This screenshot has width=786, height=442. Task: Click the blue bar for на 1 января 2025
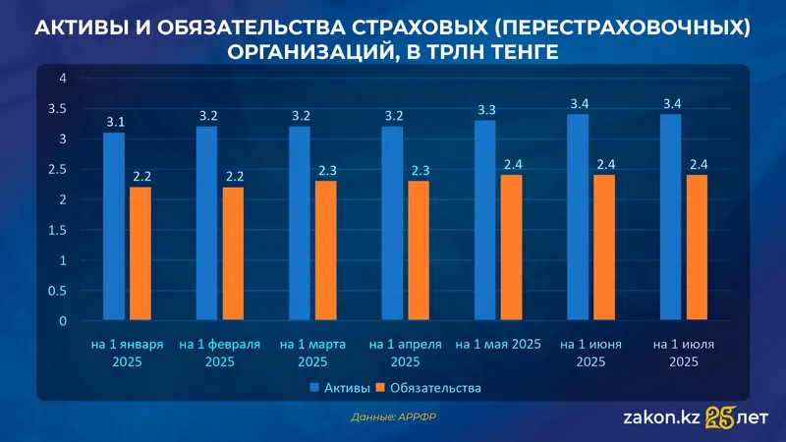114,226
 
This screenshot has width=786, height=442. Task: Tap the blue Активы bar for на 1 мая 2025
485,221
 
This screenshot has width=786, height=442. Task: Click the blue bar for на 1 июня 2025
579,218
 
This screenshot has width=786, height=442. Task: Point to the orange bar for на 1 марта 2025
325,250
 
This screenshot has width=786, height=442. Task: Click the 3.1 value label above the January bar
114,123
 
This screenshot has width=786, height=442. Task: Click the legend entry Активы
336,388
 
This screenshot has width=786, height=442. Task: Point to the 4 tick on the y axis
61,78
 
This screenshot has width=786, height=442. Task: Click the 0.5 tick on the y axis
57,291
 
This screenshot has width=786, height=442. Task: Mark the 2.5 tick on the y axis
57,169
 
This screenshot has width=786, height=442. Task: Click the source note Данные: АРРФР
392,417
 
